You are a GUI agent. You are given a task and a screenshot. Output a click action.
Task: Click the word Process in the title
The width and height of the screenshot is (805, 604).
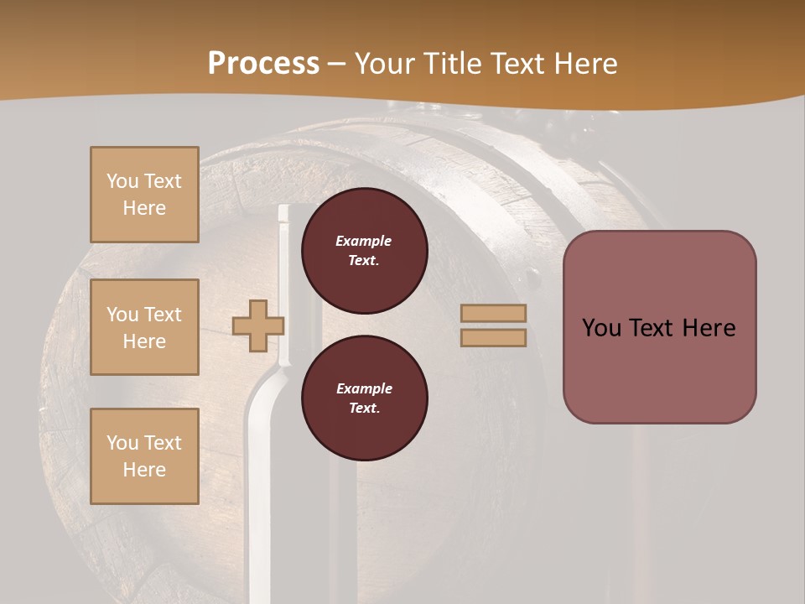[263, 64]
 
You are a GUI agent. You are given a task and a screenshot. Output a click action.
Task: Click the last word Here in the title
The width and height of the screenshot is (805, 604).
[579, 64]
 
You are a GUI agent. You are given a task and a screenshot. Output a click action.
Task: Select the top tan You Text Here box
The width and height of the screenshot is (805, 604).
[144, 195]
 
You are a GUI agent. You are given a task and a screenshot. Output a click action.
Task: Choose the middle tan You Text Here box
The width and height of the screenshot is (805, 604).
[144, 327]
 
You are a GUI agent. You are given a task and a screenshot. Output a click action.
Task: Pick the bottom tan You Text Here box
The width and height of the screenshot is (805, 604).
[144, 456]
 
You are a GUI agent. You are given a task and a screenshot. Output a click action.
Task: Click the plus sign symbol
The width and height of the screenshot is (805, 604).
[258, 325]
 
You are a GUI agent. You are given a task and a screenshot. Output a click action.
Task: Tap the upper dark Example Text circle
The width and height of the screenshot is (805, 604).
[364, 250]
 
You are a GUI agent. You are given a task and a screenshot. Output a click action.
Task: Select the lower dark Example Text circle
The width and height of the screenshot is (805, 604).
[364, 398]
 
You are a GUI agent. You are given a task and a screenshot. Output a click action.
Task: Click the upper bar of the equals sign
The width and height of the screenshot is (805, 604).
[494, 313]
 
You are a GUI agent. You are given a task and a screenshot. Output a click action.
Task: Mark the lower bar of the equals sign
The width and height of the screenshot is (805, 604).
[494, 337]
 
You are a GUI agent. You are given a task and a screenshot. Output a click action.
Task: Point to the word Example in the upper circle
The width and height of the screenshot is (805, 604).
[364, 241]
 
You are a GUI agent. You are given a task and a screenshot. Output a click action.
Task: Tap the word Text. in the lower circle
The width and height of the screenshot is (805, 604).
[364, 408]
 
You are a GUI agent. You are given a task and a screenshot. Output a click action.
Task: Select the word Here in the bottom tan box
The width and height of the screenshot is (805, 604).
[144, 470]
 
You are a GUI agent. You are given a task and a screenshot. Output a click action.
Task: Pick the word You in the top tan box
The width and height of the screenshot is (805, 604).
[122, 181]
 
